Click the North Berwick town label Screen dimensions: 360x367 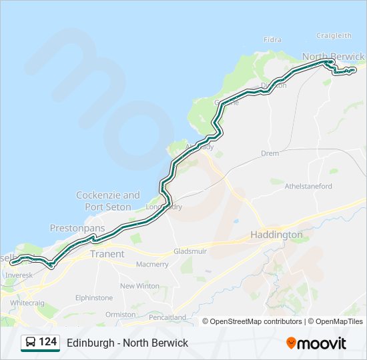333,56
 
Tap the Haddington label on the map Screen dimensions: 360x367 276,235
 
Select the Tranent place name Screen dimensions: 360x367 107,254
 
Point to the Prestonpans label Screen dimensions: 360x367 77,228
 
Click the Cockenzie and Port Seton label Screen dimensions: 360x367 108,201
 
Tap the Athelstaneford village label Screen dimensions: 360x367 308,186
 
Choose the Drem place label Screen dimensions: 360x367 270,153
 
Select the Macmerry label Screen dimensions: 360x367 152,265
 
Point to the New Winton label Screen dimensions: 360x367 139,286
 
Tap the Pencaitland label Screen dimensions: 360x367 167,317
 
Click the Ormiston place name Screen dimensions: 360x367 119,314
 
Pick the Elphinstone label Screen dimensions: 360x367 93,298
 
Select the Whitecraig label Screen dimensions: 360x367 27,302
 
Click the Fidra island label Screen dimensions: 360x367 273,39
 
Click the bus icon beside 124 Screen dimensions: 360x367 31,343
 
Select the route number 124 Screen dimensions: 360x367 48,343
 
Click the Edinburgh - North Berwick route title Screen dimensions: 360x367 127,343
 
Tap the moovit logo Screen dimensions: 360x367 316,343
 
